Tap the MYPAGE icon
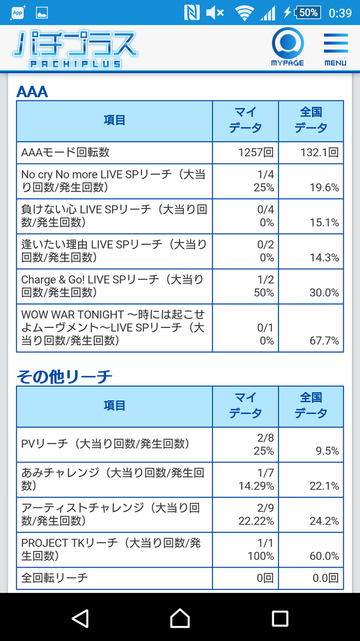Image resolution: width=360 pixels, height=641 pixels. click(x=288, y=47)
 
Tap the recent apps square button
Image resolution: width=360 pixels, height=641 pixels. click(x=280, y=618)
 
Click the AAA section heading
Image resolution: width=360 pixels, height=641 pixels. click(x=32, y=92)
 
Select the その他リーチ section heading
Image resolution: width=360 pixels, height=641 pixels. click(x=64, y=377)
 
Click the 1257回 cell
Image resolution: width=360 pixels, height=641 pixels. click(x=256, y=153)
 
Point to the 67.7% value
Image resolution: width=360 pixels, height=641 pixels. click(x=324, y=341)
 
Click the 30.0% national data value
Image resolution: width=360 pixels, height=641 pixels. click(x=324, y=293)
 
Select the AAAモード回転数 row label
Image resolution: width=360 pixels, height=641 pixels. click(x=65, y=153)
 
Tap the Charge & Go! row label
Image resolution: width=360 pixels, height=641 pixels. click(x=112, y=286)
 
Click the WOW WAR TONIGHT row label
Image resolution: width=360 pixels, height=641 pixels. click(x=113, y=327)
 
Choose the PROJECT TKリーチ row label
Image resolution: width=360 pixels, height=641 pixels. click(x=111, y=549)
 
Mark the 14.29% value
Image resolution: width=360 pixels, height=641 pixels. click(x=256, y=486)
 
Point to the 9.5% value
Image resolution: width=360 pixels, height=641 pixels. click(x=328, y=451)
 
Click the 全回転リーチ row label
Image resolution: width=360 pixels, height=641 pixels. click(x=54, y=578)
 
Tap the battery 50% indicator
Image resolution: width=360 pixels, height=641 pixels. click(x=308, y=13)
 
